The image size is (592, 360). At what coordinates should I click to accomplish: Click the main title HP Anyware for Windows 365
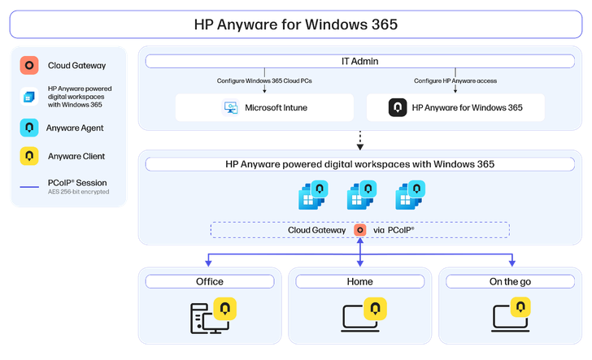(296, 24)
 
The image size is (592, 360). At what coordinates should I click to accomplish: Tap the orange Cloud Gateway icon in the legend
(29, 65)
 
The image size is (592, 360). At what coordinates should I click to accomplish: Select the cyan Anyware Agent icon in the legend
(29, 128)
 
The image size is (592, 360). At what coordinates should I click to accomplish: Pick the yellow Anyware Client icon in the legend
(29, 155)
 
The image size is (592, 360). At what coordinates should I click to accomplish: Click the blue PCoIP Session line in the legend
(29, 188)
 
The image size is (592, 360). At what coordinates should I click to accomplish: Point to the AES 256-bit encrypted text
(78, 192)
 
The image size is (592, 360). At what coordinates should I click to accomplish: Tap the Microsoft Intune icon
(230, 107)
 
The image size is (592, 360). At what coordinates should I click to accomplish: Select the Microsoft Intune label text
(276, 107)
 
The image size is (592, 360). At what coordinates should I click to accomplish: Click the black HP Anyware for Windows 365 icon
(398, 107)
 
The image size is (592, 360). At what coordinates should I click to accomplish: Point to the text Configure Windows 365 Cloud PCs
(265, 81)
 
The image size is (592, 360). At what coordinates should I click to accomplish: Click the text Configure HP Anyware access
(455, 81)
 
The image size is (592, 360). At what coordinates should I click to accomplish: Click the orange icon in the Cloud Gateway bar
(359, 230)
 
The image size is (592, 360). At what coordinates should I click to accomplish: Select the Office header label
(209, 282)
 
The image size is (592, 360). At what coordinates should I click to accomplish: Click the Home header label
(359, 282)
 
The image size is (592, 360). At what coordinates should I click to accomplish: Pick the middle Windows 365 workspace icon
(361, 196)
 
